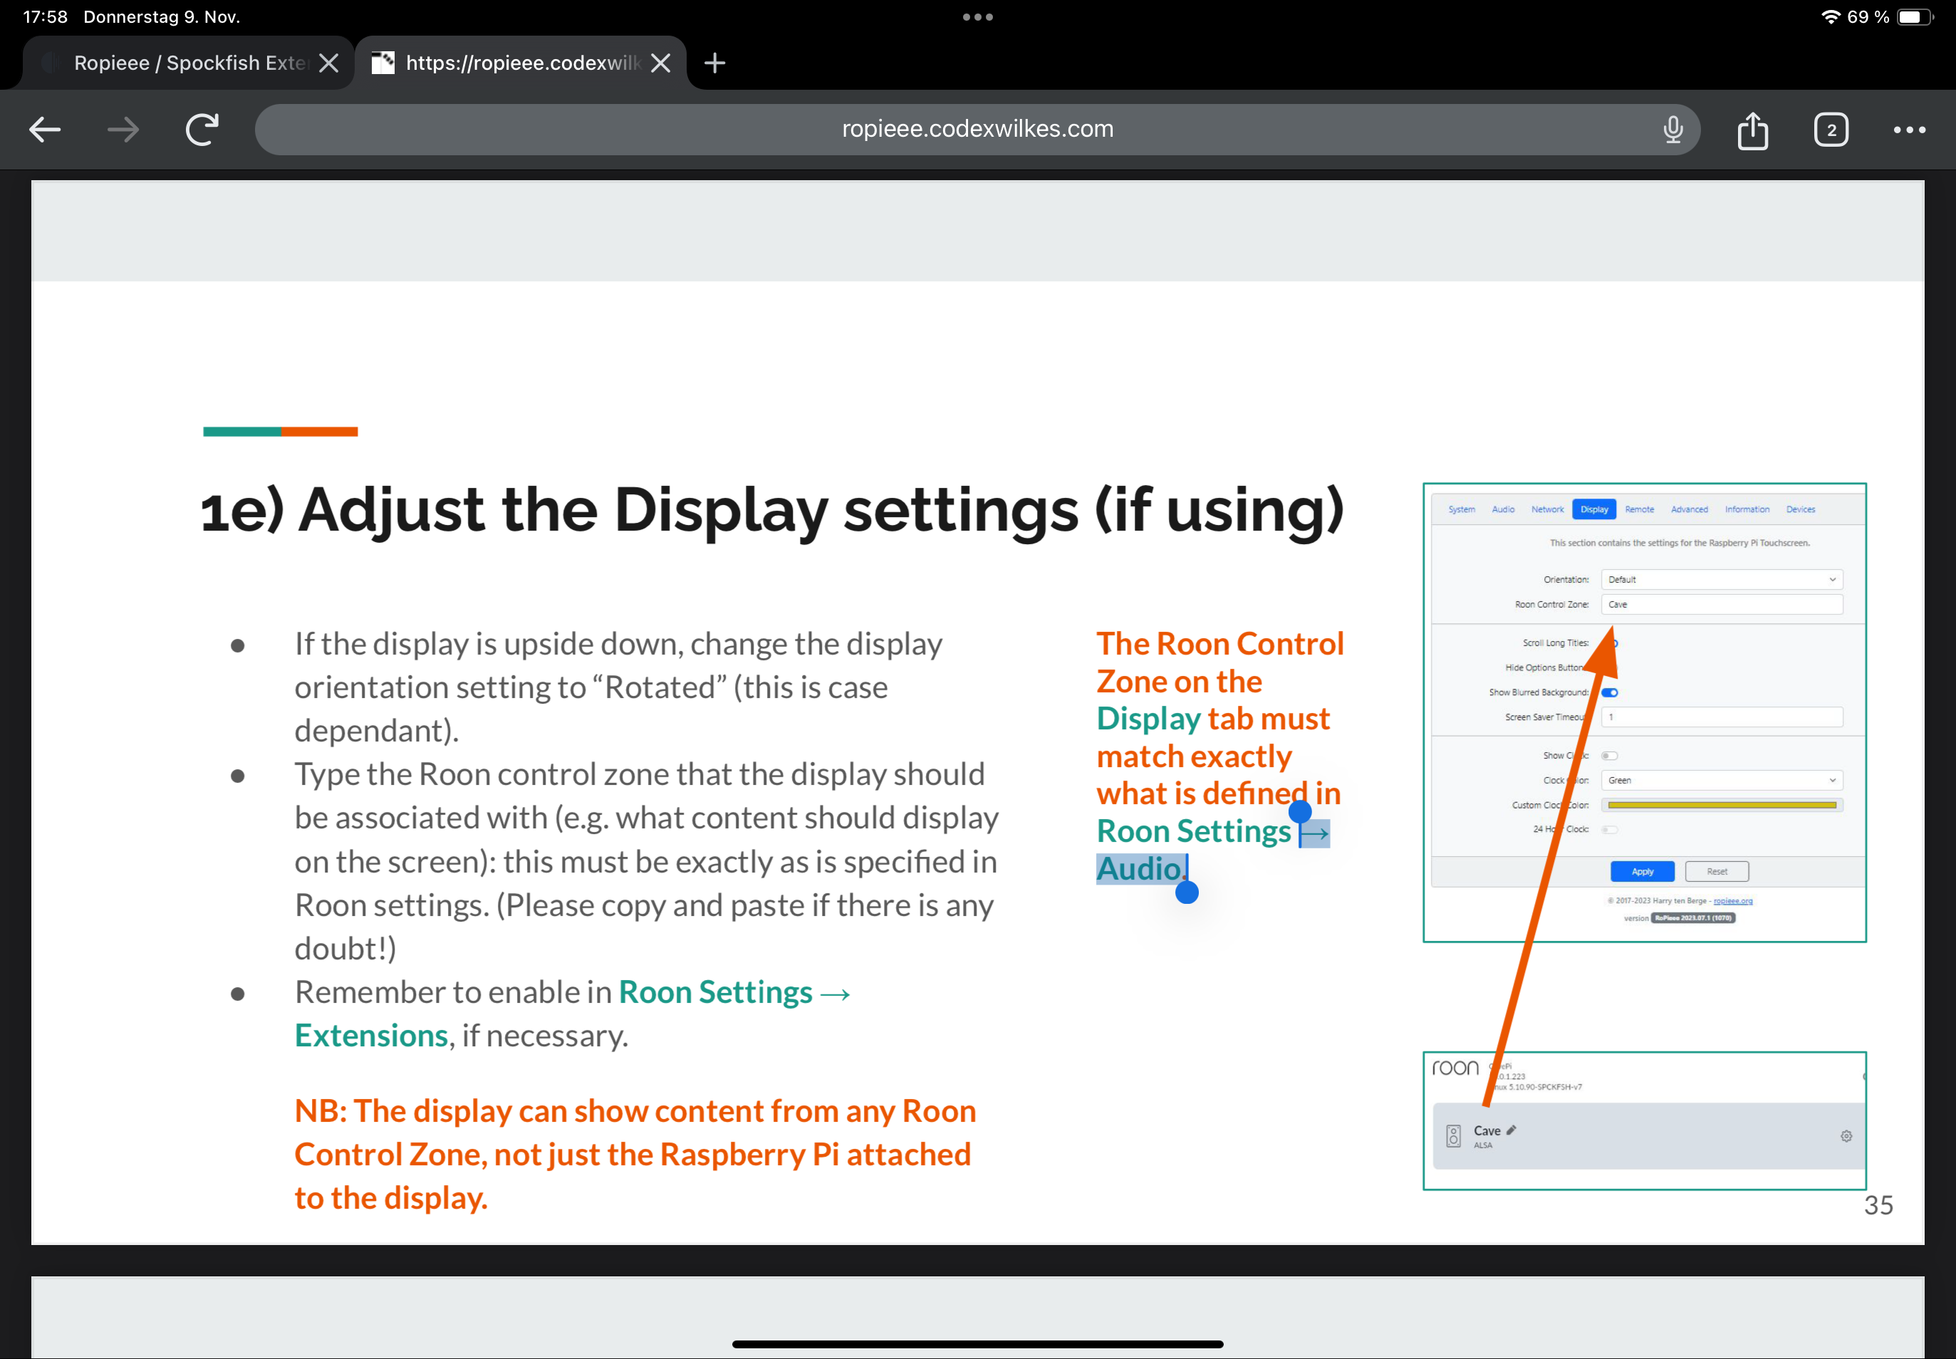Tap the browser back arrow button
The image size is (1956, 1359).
coord(45,130)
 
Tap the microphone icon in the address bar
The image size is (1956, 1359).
coord(1673,130)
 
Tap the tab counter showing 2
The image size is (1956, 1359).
coord(1831,130)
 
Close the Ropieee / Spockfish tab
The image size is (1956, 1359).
coord(328,63)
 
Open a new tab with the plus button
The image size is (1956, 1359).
coord(714,63)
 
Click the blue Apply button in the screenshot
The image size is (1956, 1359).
coord(1642,871)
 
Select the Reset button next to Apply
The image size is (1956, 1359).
coord(1717,871)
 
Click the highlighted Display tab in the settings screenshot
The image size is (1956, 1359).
coord(1594,509)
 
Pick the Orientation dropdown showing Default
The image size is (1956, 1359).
coord(1721,580)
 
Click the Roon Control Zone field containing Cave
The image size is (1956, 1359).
coord(1721,605)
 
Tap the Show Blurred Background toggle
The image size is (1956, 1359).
coord(1609,692)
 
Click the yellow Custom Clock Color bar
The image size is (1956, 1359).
coord(1721,805)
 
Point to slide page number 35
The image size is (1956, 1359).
coord(1878,1205)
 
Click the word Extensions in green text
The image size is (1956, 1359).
coord(371,1036)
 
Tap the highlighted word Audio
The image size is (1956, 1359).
coord(1138,868)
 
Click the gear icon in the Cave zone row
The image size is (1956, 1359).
coord(1846,1136)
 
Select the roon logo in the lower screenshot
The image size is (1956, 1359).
coord(1455,1068)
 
